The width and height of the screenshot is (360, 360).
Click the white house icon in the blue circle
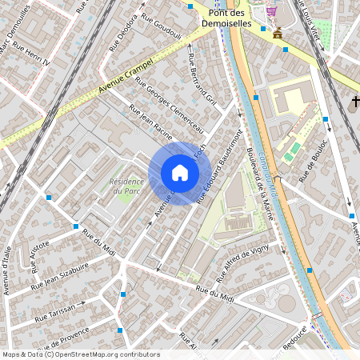click(x=180, y=173)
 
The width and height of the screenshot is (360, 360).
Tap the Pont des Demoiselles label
click(x=230, y=18)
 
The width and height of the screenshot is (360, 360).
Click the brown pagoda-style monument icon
click(x=278, y=33)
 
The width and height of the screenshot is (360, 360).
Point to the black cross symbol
click(x=354, y=102)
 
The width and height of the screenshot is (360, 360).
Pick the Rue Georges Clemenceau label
click(x=170, y=104)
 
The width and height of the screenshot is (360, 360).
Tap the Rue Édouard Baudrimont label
click(x=219, y=168)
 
